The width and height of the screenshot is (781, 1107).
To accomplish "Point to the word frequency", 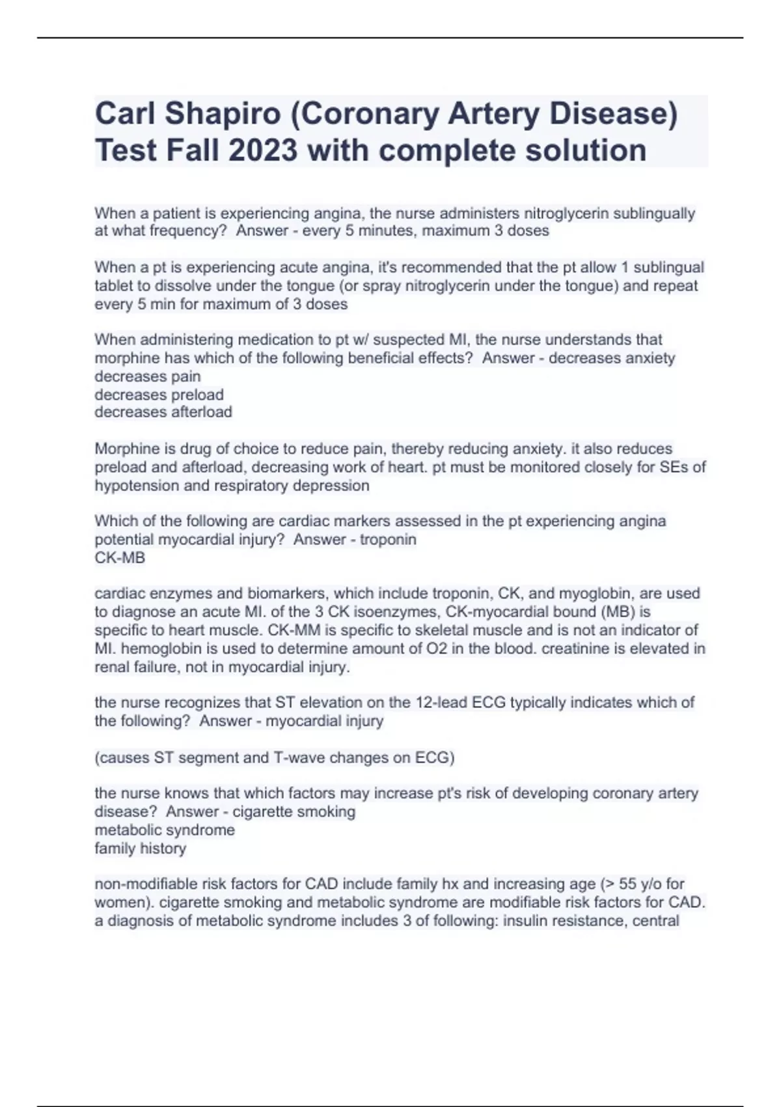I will [x=188, y=231].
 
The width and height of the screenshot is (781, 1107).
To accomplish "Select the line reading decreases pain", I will [x=148, y=376].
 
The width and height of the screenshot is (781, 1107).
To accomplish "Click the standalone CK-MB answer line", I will [x=120, y=558].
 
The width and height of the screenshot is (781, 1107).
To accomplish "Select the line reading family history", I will [x=141, y=848].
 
